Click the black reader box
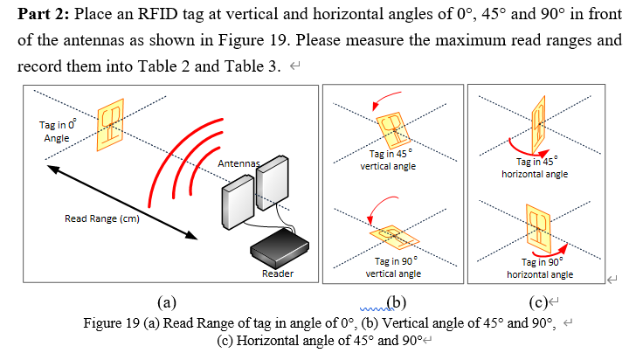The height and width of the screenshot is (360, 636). pos(279,250)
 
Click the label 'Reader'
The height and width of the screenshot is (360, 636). pos(277,274)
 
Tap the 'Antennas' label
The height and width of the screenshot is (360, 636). pos(238,163)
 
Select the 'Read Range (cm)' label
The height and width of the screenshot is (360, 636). pos(102,218)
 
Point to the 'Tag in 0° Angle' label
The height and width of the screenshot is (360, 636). pos(56,132)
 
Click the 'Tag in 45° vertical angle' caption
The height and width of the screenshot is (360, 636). pos(393,161)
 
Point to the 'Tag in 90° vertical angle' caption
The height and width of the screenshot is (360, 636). pos(393,267)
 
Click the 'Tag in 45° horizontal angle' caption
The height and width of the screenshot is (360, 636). pos(536,168)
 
